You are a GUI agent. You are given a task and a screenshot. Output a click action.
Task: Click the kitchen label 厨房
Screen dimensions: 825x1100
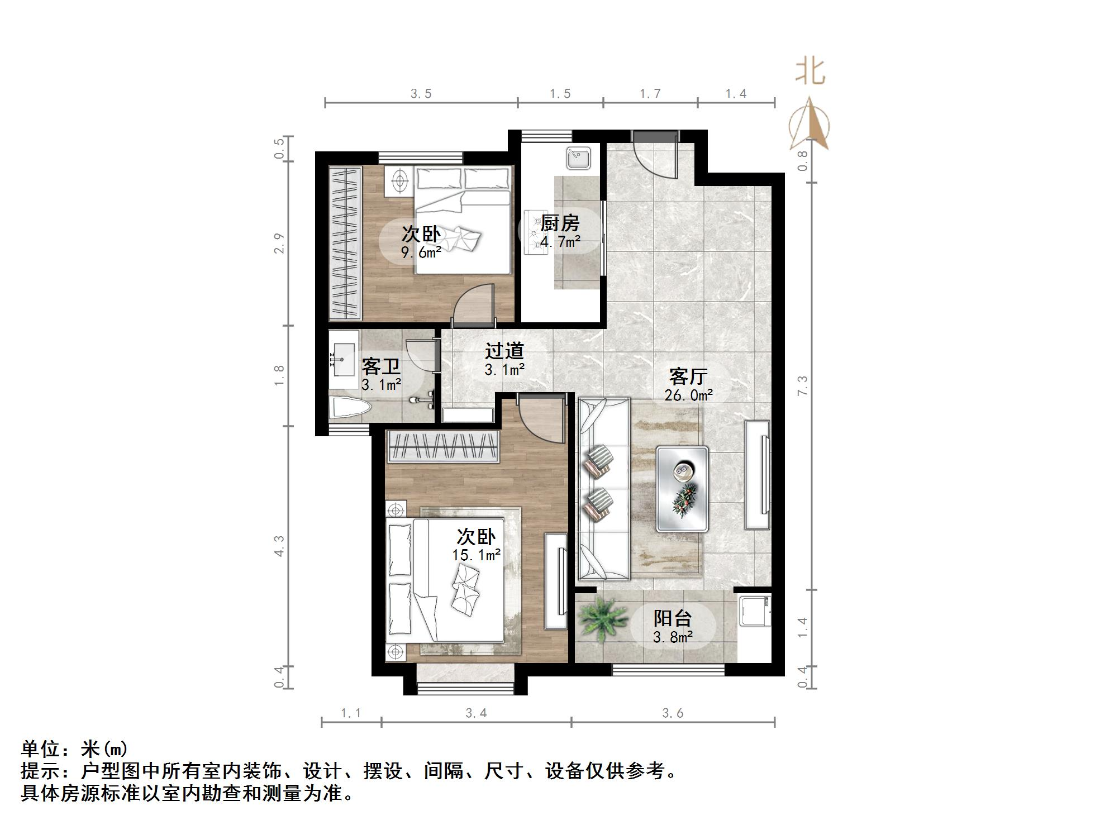pyautogui.click(x=560, y=223)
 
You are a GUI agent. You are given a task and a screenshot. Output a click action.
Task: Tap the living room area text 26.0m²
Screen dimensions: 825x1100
pyautogui.click(x=688, y=395)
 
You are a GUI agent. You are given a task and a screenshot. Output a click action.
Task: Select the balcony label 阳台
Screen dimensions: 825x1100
pyautogui.click(x=673, y=618)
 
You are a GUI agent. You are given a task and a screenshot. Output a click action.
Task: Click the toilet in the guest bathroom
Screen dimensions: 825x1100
pyautogui.click(x=350, y=409)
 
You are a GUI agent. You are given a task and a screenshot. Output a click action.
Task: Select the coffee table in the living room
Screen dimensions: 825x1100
pyautogui.click(x=682, y=488)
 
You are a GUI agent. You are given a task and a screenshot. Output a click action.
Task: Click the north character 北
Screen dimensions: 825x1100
pyautogui.click(x=811, y=72)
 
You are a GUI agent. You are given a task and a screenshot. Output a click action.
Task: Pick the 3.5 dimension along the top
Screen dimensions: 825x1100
pyautogui.click(x=421, y=94)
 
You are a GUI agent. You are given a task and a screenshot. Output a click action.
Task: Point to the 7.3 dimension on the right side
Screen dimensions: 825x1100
pyautogui.click(x=803, y=385)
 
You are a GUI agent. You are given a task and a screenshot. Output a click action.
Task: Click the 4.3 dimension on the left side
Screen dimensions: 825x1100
pyautogui.click(x=279, y=545)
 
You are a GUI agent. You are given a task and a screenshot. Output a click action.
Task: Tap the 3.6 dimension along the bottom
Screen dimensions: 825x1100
pyautogui.click(x=673, y=713)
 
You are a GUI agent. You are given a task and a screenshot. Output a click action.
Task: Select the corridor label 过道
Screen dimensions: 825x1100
pyautogui.click(x=504, y=351)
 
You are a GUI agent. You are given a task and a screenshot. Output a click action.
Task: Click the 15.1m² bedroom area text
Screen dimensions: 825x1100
pyautogui.click(x=476, y=555)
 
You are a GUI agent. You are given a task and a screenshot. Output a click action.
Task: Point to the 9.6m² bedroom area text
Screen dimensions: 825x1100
pyautogui.click(x=421, y=252)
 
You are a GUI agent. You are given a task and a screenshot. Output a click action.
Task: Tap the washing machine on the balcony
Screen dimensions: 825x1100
pyautogui.click(x=754, y=612)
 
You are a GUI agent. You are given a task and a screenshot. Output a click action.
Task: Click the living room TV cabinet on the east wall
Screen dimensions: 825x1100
pyautogui.click(x=758, y=475)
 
